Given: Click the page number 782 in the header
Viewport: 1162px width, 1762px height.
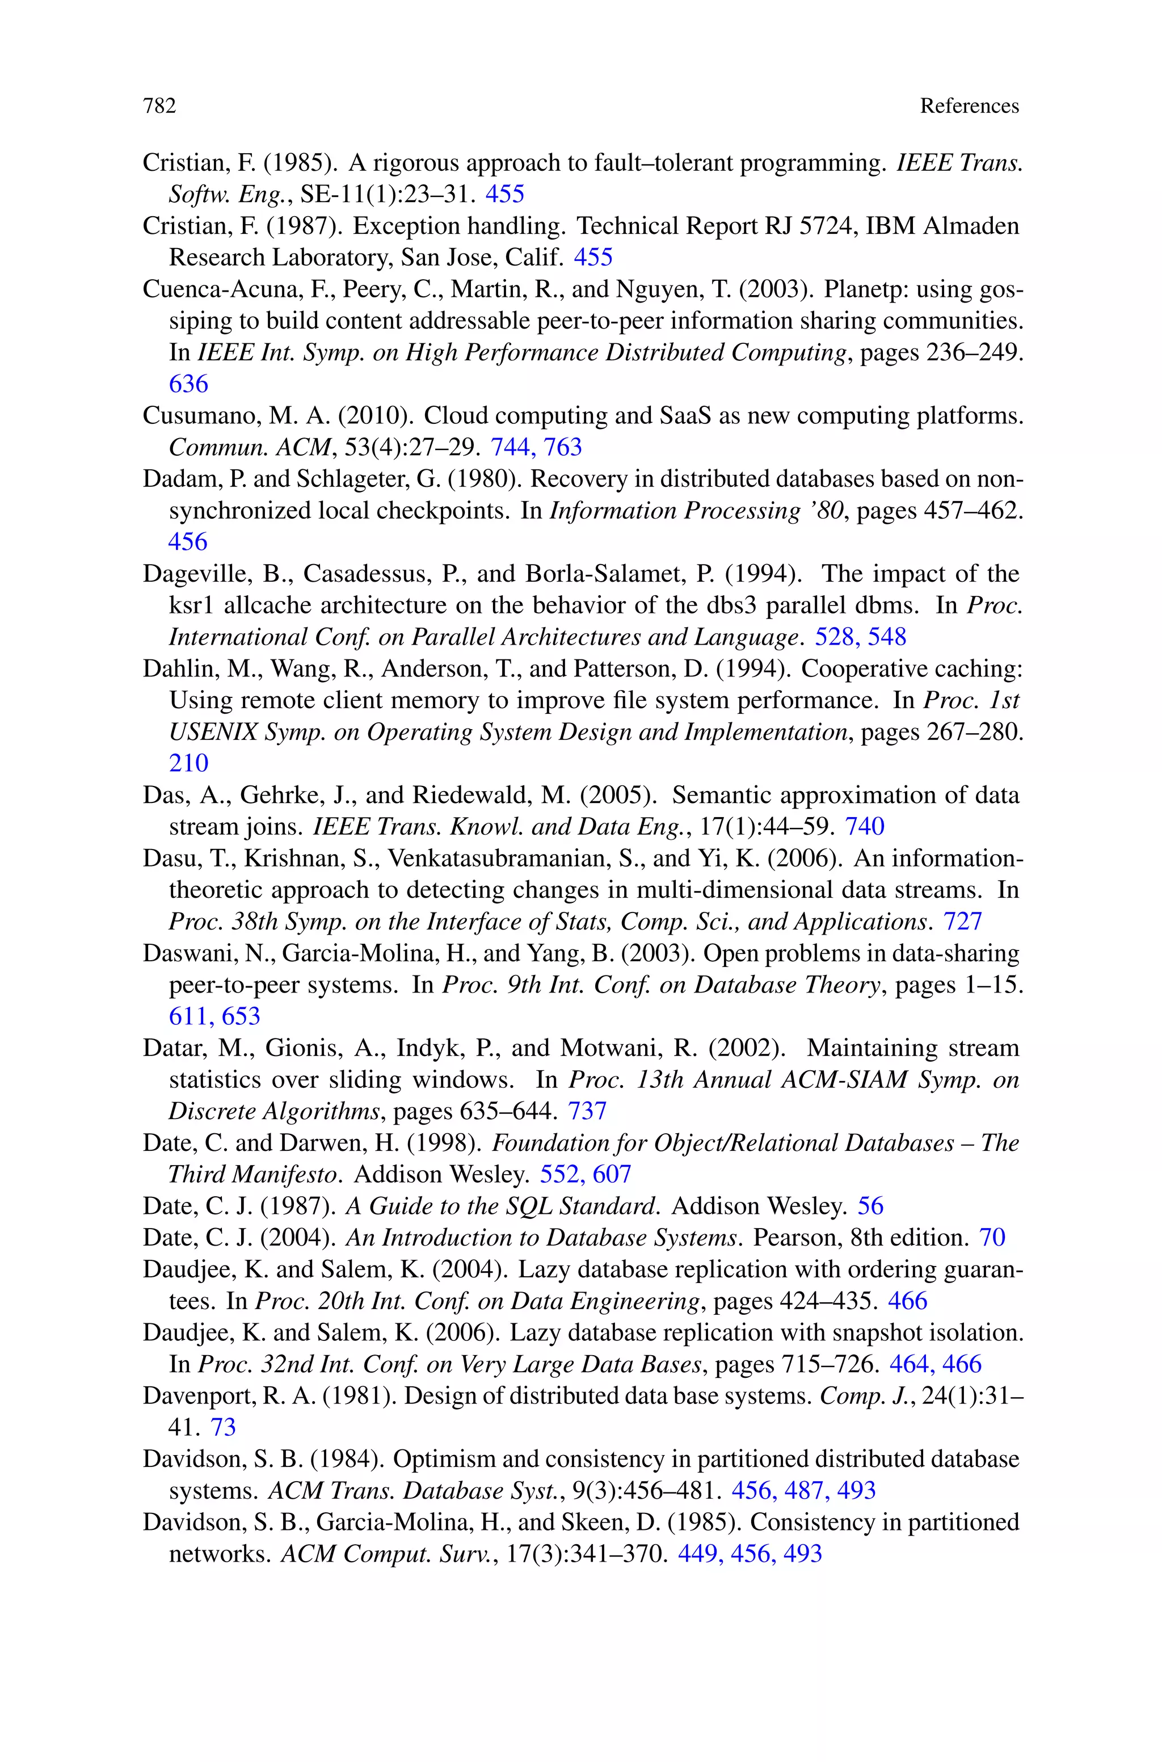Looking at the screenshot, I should pos(159,106).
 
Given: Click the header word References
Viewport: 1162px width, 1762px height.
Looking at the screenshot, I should pos(969,106).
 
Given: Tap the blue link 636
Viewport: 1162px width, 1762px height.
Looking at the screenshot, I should pos(188,384).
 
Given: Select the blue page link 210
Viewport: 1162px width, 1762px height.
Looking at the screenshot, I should pos(188,763).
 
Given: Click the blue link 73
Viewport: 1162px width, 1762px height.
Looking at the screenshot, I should pos(223,1427).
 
